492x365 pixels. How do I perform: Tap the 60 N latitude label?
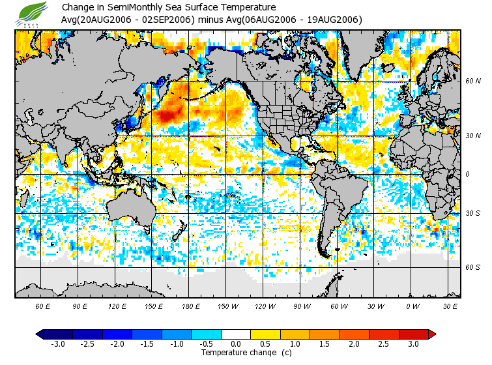473,81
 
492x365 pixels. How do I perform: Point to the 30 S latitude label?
473,214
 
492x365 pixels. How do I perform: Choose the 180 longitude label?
154,306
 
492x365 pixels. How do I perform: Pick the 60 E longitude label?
43,306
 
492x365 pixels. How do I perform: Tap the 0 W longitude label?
412,306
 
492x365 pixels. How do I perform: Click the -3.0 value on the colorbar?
57,343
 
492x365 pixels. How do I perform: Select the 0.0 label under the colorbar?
235,343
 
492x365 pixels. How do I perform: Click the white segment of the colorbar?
235,334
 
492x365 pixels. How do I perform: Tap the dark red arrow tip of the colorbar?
432,334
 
